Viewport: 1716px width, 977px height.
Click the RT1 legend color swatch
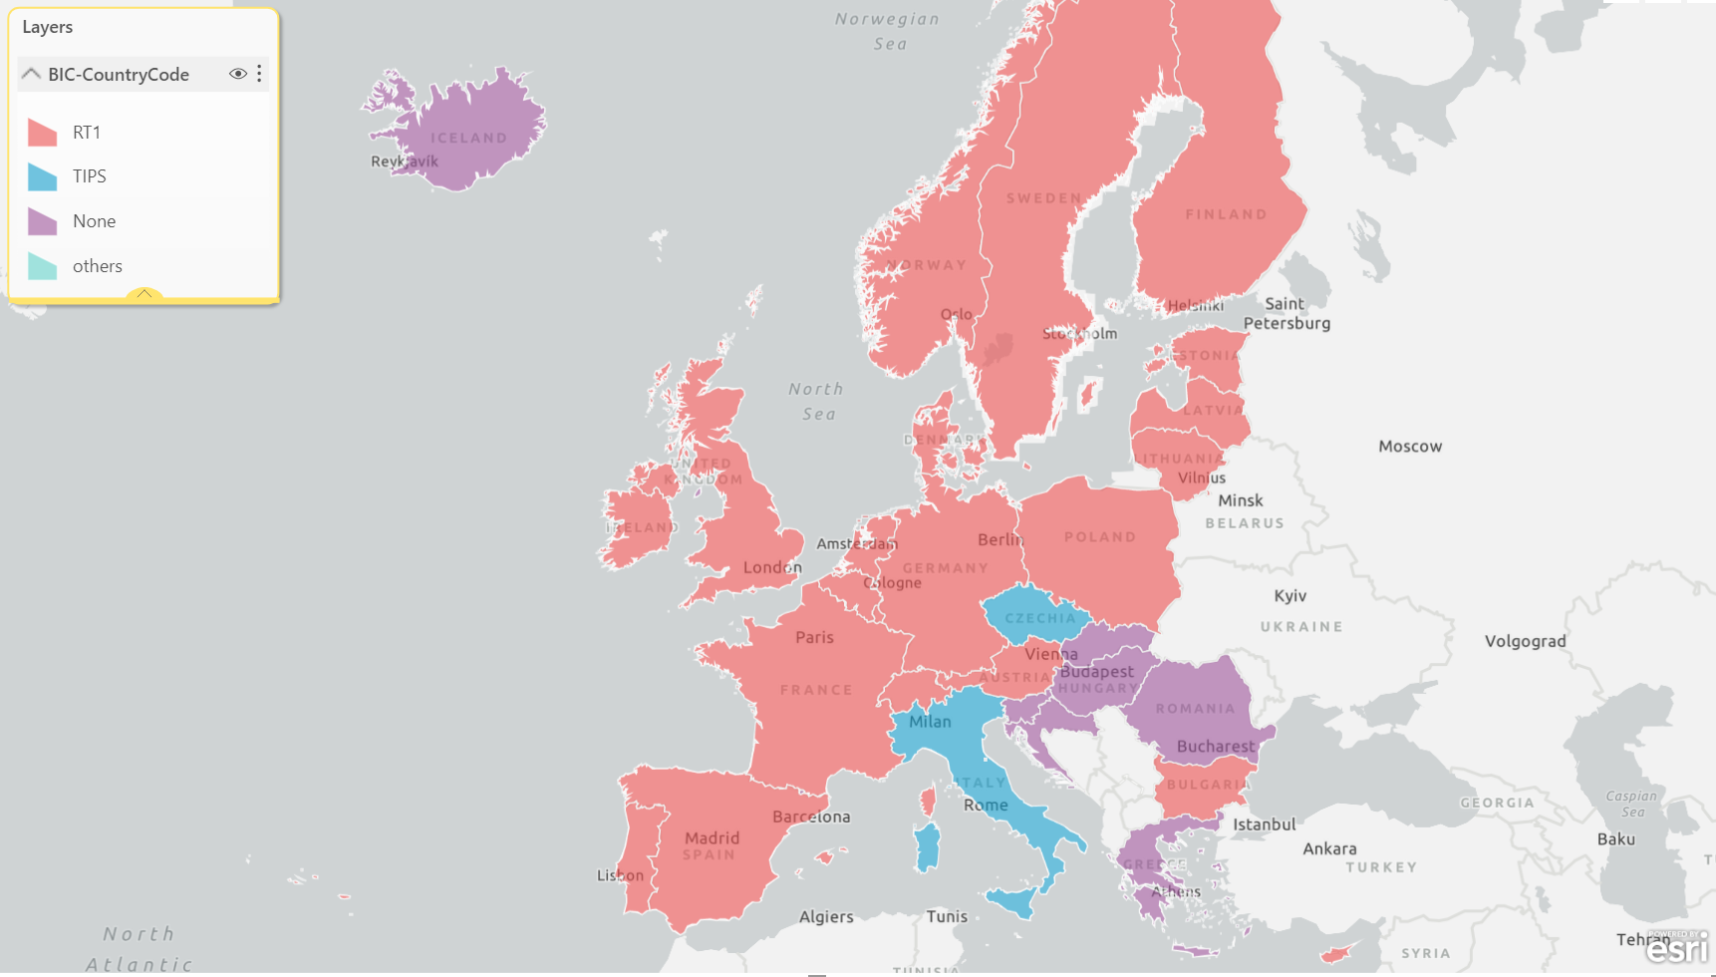(x=42, y=133)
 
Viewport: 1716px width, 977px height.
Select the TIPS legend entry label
(x=90, y=176)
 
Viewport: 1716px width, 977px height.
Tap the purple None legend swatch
(x=42, y=221)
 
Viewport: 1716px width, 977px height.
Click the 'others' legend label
(x=98, y=266)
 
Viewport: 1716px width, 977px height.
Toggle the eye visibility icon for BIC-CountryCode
(x=237, y=74)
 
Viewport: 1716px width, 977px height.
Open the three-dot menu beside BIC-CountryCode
(x=259, y=74)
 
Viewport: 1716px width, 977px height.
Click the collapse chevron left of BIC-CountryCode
(x=31, y=74)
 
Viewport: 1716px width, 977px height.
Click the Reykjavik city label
(x=404, y=162)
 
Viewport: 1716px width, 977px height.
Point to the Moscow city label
(x=1409, y=447)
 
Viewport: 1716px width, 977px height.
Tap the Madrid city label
(x=712, y=837)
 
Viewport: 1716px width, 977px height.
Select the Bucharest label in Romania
(x=1215, y=746)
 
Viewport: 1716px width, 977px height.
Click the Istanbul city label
(x=1264, y=824)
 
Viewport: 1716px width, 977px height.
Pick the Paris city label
(x=814, y=637)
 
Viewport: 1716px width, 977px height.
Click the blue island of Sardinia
(x=927, y=847)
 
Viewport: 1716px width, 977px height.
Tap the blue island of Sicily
(x=1012, y=902)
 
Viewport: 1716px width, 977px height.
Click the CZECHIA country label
(x=1039, y=618)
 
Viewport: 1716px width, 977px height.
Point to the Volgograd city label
(x=1525, y=641)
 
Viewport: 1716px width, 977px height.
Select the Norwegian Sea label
(x=887, y=31)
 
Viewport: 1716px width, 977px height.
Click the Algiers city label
(x=826, y=916)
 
